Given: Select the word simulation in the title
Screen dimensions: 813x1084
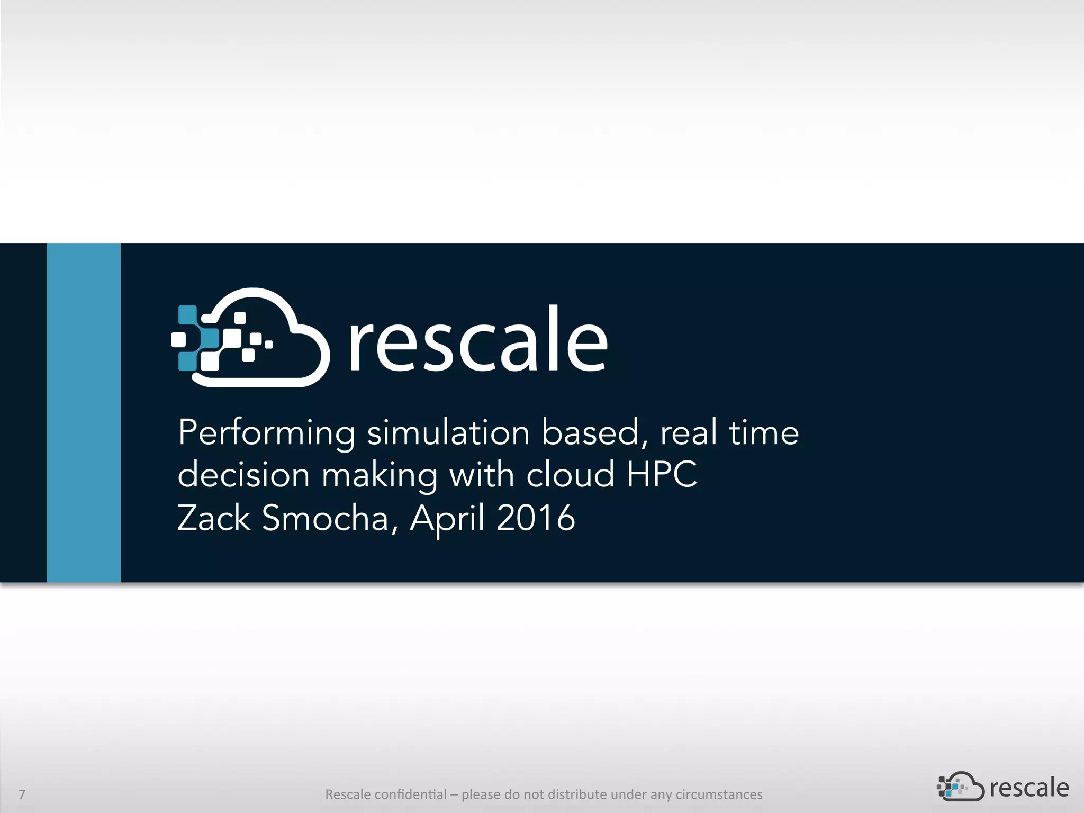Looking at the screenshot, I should [x=448, y=433].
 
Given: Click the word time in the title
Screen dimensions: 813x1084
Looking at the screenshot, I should [x=763, y=433].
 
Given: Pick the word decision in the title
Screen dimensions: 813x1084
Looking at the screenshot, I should [x=243, y=474].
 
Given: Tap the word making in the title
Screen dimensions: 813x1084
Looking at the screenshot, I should [x=380, y=475].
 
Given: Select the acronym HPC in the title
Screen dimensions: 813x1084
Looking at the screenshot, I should [x=662, y=474].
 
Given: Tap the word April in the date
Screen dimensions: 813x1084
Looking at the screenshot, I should [x=447, y=519].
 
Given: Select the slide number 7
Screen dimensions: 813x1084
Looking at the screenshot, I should [x=22, y=794].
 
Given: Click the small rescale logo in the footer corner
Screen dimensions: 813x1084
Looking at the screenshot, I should [x=1002, y=788].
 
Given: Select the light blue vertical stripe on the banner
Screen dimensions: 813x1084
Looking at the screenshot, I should [x=84, y=413].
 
